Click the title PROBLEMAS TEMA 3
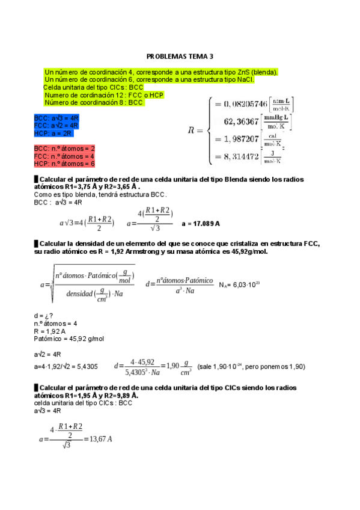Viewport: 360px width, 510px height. [x=180, y=57]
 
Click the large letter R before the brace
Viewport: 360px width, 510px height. [x=192, y=130]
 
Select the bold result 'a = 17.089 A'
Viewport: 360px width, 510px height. [x=201, y=223]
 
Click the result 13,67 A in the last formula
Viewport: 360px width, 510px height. [x=100, y=439]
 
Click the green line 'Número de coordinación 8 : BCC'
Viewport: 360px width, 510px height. [x=94, y=103]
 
